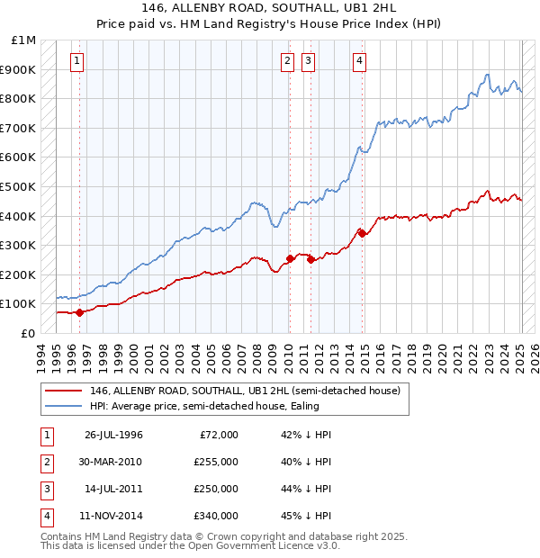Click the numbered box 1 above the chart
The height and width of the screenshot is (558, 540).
76,61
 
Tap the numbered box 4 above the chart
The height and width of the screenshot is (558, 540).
359,61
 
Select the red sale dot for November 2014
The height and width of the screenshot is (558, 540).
362,233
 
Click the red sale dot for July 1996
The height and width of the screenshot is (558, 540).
79,312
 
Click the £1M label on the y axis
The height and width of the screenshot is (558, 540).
23,40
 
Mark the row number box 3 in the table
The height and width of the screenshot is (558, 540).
44,489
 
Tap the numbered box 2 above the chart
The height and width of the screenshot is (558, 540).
286,61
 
